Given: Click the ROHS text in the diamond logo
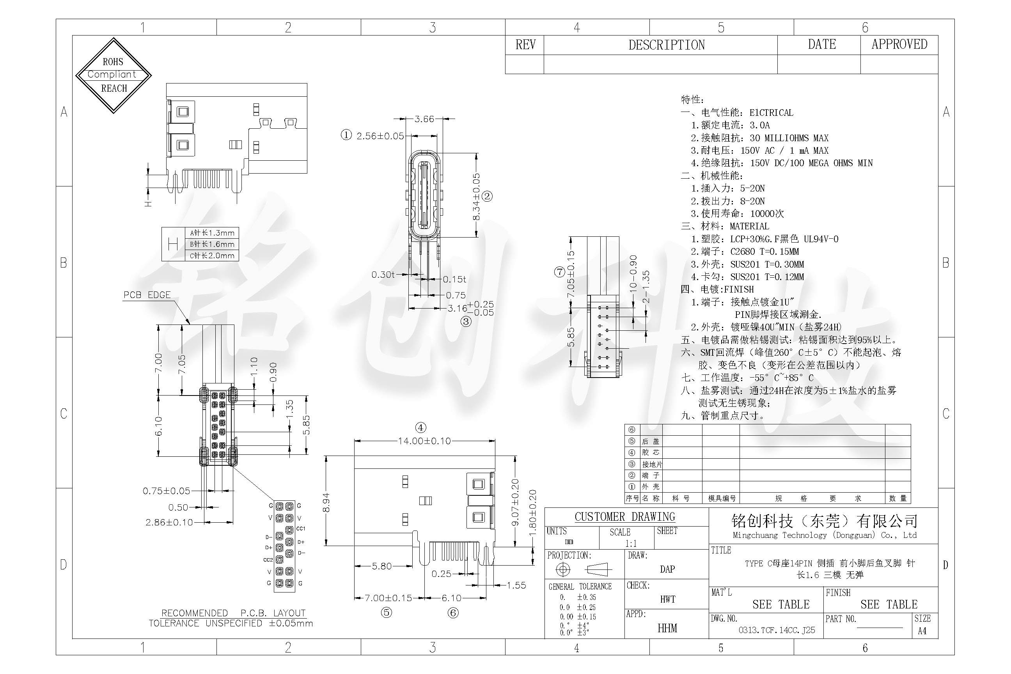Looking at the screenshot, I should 113,62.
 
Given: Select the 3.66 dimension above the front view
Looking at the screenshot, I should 424,119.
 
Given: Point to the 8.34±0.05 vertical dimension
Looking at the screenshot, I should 476,197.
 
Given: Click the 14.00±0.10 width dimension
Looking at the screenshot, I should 424,441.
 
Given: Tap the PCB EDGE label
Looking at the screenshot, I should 147,295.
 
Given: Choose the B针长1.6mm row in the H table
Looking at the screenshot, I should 212,244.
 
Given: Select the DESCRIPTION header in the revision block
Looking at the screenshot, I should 666,45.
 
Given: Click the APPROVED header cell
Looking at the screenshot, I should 899,44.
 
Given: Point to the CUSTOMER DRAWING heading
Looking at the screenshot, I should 624,517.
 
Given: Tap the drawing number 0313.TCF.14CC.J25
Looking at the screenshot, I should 777,630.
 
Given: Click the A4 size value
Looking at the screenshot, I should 922,631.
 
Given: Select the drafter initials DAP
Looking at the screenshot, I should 667,569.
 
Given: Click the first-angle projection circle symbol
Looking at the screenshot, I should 563,569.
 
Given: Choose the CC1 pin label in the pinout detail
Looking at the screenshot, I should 300,529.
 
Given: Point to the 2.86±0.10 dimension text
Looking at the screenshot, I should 169,522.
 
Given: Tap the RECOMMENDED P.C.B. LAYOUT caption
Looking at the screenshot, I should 233,613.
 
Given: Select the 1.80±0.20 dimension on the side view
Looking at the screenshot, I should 532,513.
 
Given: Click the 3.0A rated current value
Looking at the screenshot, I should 759,125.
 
